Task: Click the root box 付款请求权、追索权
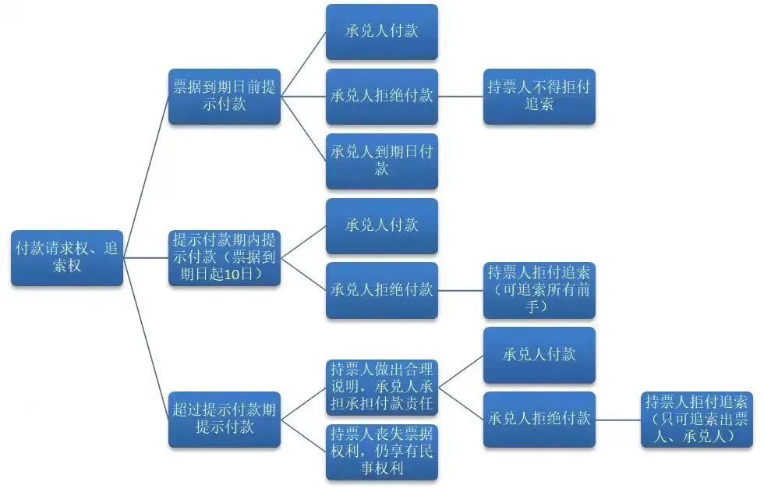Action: point(67,257)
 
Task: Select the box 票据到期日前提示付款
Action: point(225,96)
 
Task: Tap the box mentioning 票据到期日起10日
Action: point(225,257)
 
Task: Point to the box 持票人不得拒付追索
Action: point(539,96)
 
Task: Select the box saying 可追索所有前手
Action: point(539,290)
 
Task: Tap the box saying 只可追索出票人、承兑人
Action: point(696,419)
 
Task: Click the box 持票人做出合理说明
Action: point(381,387)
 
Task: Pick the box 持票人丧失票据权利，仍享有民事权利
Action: point(381,452)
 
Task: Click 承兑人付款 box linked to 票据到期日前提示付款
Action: point(381,32)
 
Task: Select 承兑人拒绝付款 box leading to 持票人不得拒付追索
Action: point(381,96)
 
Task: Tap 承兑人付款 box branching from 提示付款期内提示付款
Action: point(381,225)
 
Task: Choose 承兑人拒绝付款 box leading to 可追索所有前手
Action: point(381,290)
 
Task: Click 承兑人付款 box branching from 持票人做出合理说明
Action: point(539,355)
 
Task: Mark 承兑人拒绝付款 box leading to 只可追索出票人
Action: point(539,419)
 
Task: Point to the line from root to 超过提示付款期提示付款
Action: point(147,338)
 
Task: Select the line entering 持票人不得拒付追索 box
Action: point(460,97)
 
